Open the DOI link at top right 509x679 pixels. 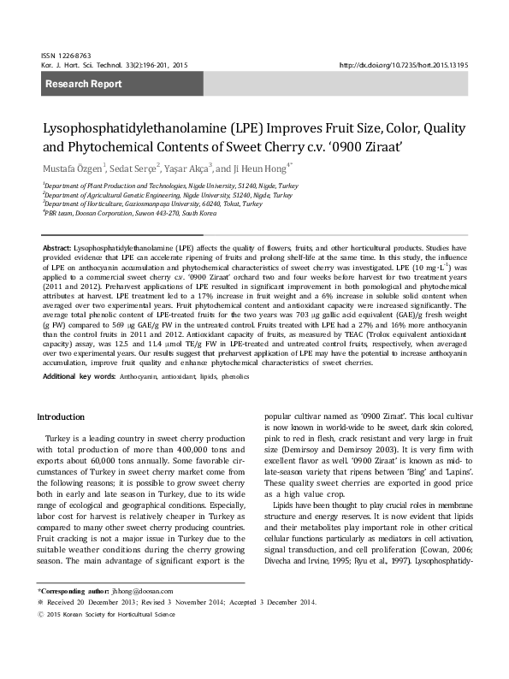pyautogui.click(x=415, y=65)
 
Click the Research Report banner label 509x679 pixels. pyautogui.click(x=83, y=84)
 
